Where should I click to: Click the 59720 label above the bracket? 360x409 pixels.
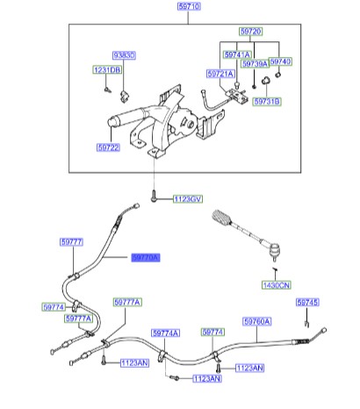point(249,30)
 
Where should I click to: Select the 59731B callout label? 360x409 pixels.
point(265,103)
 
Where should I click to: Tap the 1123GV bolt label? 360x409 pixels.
point(186,200)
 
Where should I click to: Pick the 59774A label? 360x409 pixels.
point(166,334)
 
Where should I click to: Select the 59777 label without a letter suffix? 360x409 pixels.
point(71,240)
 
